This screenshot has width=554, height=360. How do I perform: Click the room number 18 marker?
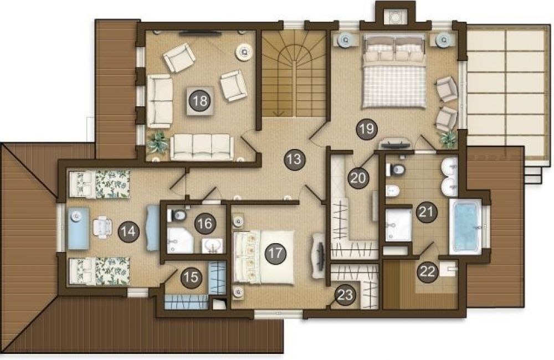pos(200,101)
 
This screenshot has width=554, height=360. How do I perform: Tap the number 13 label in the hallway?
pos(294,160)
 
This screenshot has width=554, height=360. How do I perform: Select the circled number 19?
pos(366,129)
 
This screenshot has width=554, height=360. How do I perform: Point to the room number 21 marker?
pos(427,212)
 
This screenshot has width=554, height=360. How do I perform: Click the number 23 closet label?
pos(345,294)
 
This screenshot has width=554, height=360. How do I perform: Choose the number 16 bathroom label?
pos(205,223)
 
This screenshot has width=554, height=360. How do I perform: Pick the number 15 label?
pos(192,277)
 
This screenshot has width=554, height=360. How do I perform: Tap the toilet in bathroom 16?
pos(177,215)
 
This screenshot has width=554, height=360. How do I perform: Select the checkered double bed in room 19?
pos(393,70)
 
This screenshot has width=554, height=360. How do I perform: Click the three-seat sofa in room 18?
pos(202,147)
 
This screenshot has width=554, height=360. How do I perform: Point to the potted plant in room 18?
pos(157,142)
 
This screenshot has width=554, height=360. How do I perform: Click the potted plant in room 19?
pos(448,139)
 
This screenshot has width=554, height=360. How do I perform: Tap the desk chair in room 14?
pos(102,225)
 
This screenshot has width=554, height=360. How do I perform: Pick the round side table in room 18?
pos(244,52)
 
